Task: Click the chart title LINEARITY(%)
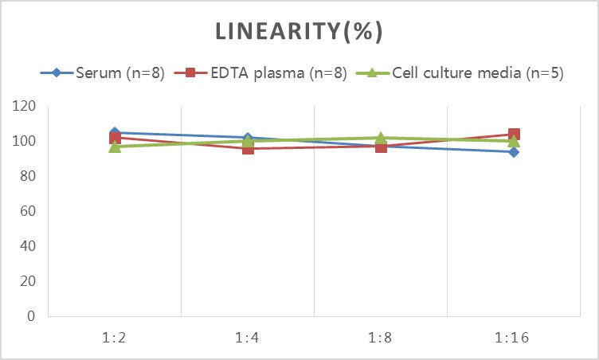pos(299,31)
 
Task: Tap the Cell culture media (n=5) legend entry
pos(467,73)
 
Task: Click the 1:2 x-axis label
pos(115,337)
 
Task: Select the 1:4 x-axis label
pos(248,337)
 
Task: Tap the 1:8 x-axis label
pos(381,337)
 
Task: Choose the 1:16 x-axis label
pos(514,337)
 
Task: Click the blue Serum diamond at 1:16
pos(514,151)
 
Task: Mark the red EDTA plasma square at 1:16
pos(514,135)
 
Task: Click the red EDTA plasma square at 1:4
pos(248,148)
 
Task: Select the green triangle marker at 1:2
pos(115,146)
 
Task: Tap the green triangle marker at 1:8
pos(381,138)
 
